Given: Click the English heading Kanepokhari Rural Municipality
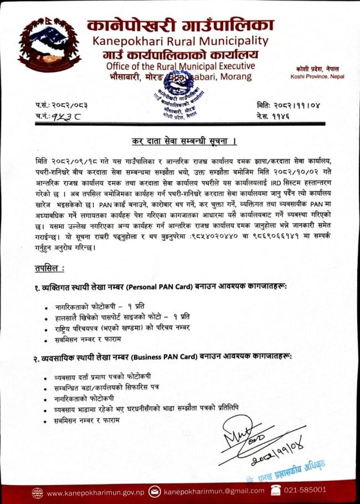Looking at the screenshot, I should (181, 41).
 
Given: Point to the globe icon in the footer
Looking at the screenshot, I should (38, 492).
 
